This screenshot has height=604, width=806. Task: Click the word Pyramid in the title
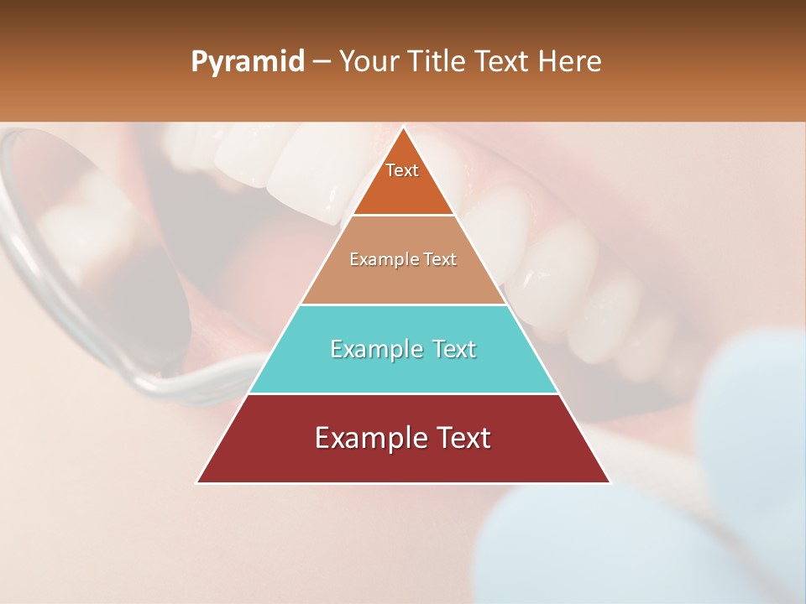(x=247, y=62)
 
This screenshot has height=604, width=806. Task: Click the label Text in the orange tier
(x=402, y=170)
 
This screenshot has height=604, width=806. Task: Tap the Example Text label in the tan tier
(x=403, y=259)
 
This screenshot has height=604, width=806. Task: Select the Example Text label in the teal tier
(x=403, y=349)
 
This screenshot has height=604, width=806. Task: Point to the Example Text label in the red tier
(x=403, y=438)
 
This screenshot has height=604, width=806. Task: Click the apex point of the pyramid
(x=403, y=128)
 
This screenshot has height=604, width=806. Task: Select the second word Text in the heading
(x=505, y=61)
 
